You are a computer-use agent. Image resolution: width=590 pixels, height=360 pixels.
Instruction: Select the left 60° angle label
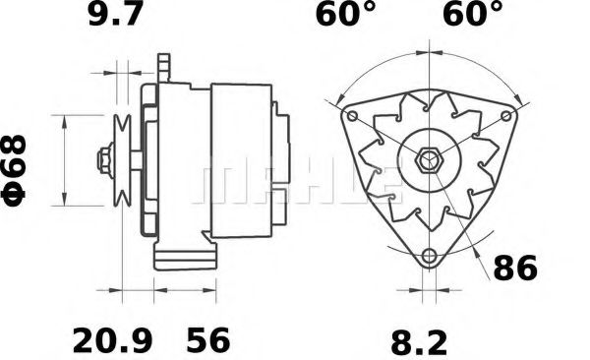point(344,16)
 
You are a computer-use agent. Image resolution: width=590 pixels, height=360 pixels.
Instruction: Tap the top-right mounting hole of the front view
point(507,115)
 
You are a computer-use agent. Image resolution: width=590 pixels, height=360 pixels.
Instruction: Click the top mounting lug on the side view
point(165,69)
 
